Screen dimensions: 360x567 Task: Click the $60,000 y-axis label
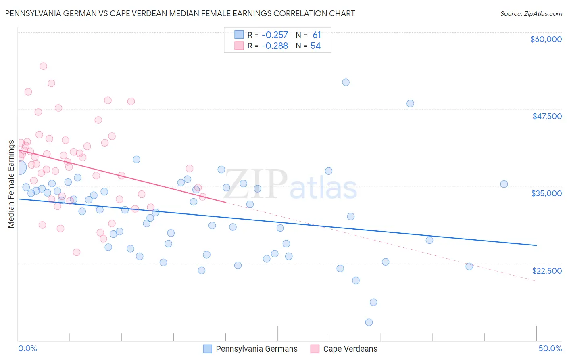coord(546,39)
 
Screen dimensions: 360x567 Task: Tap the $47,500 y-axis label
coord(547,116)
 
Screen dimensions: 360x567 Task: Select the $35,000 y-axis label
coord(546,193)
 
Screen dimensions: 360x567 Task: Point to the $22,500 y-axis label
coord(547,271)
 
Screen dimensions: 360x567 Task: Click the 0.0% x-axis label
coord(27,348)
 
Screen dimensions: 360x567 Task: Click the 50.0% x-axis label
coord(550,348)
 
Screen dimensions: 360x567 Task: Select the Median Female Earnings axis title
coord(11,184)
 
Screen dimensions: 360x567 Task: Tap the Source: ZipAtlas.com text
coord(531,13)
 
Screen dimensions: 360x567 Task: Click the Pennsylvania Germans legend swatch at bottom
coord(208,349)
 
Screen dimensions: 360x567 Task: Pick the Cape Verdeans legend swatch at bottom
coord(315,349)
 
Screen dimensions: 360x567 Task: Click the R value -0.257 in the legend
coord(274,35)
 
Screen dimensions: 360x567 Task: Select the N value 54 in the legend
coord(315,46)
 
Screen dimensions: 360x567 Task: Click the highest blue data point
coord(346,82)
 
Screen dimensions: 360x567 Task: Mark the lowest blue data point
coord(369,322)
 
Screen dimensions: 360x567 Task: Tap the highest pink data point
coord(43,66)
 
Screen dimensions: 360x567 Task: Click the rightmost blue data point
coord(504,184)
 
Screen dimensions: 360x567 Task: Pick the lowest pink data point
coord(77,252)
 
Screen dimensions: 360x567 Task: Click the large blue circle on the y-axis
coord(19,167)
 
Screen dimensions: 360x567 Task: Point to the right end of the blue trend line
coord(536,245)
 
